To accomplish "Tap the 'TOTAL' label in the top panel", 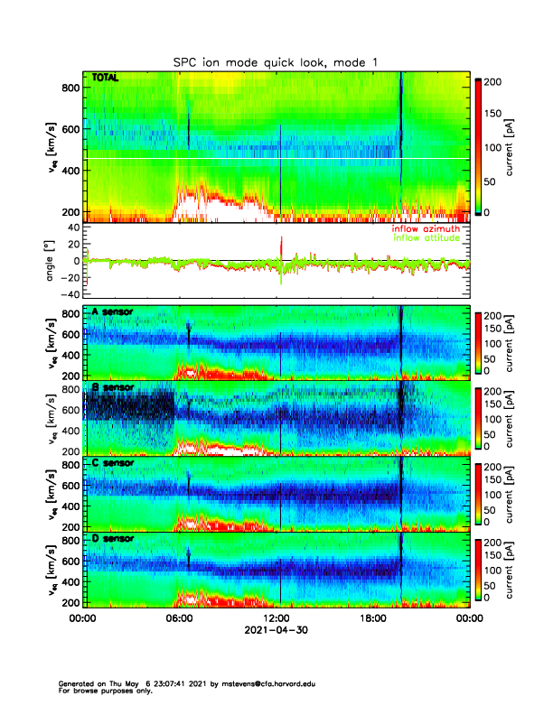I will click(x=105, y=79).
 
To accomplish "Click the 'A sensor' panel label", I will click(x=113, y=312).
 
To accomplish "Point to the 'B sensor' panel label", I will click(x=113, y=388).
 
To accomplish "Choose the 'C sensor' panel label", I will click(x=113, y=463).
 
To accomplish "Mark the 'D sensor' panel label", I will click(x=113, y=539).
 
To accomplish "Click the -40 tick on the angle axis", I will click(x=70, y=294).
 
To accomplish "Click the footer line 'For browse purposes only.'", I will click(x=102, y=691).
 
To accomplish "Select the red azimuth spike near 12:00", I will click(x=282, y=245).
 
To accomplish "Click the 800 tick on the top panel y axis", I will click(x=70, y=87).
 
